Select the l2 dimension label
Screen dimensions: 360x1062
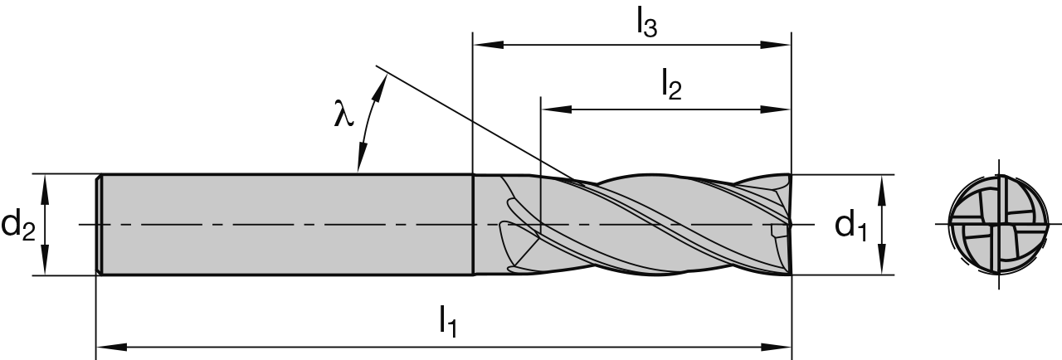[x=670, y=84]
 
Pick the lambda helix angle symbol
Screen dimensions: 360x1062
[x=343, y=114]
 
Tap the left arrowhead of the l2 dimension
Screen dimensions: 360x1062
[x=551, y=109]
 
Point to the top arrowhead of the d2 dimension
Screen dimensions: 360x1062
[x=46, y=183]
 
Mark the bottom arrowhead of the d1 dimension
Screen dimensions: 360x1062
[x=883, y=265]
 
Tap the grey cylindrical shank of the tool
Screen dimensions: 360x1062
[x=282, y=224]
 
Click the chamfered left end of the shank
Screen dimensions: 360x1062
[x=99, y=224]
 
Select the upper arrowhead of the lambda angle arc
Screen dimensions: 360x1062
[x=383, y=80]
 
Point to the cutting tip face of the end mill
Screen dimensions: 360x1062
[x=787, y=224]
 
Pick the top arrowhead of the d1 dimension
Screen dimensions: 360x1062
[x=883, y=184]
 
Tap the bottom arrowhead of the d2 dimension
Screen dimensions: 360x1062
[x=46, y=265]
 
